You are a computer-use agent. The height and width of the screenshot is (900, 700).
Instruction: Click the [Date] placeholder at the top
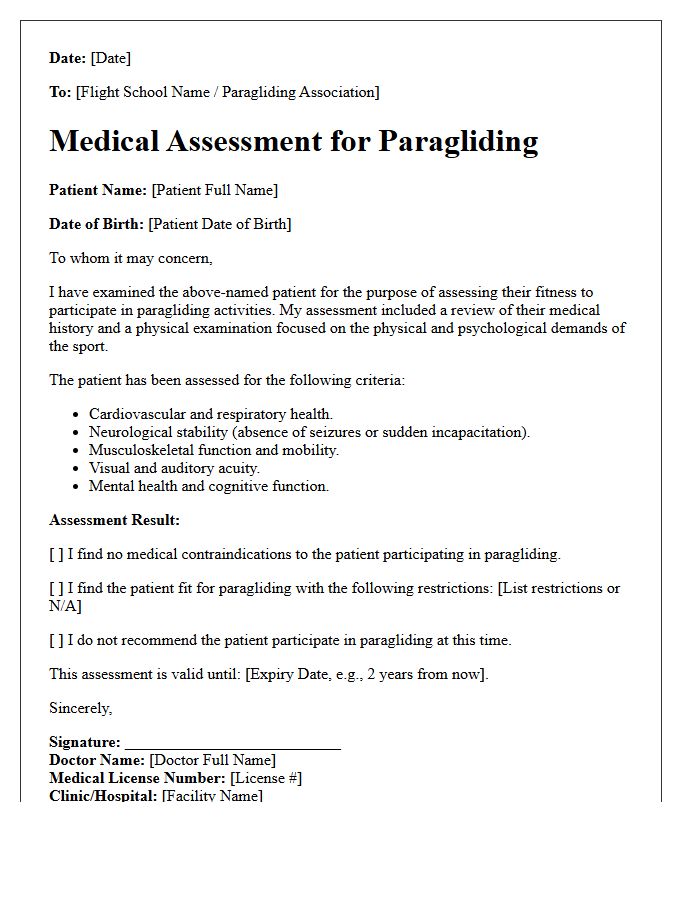(110, 58)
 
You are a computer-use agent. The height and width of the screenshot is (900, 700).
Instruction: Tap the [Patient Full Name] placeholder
(214, 190)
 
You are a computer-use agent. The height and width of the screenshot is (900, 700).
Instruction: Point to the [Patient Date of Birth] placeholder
(219, 224)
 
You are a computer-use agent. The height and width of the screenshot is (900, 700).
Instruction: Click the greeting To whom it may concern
(131, 258)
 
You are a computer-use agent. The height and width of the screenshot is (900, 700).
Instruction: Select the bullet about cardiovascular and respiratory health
(211, 414)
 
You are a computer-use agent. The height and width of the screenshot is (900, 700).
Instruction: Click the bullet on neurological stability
(309, 432)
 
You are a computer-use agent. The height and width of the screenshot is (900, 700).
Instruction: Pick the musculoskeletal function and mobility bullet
(214, 450)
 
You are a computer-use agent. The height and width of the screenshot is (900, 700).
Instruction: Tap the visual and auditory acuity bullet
(174, 468)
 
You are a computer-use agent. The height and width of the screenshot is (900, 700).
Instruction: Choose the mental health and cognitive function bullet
(208, 486)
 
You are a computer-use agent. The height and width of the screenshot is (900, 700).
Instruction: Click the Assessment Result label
(115, 520)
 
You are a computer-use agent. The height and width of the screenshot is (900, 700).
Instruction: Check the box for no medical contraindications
(57, 554)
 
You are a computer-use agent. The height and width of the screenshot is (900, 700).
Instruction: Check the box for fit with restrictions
(57, 588)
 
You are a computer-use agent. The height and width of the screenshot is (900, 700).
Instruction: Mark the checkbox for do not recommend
(57, 640)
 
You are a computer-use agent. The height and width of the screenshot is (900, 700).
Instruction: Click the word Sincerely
(81, 708)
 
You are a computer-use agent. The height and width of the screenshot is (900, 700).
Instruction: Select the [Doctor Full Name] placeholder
(212, 760)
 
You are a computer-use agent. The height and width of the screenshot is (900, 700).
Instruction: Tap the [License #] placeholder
(265, 778)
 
